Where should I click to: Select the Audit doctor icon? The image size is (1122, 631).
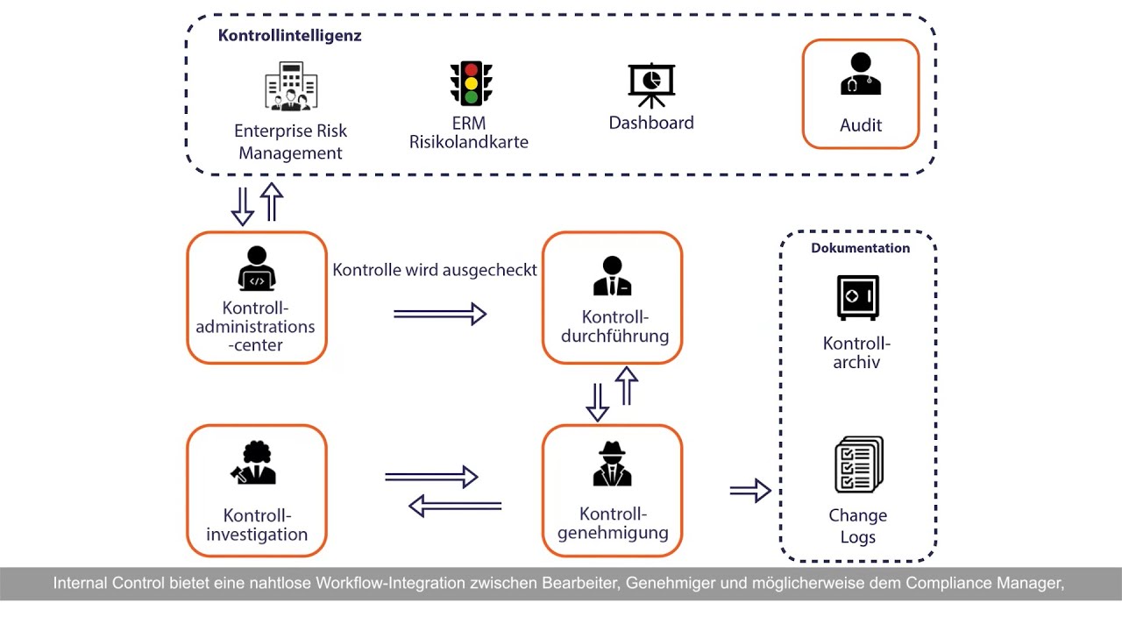coord(860,74)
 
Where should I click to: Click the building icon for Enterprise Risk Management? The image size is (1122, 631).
coord(291,87)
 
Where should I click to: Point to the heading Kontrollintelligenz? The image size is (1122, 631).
coord(289,36)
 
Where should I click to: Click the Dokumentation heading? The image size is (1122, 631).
coord(860,248)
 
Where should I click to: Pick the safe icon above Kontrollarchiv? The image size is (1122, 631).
coord(857,298)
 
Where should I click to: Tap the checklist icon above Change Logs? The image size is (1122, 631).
coord(858,464)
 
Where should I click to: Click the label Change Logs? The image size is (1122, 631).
coord(857,526)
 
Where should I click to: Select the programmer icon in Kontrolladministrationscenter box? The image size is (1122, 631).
coord(256,268)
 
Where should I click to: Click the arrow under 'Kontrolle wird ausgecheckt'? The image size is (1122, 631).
coord(439,314)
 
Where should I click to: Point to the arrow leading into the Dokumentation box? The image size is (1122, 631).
coord(749,492)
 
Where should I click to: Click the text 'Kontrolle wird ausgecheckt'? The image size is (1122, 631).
coord(434,270)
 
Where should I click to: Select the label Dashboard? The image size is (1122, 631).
coord(651,123)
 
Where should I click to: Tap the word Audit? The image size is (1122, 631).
coord(860,125)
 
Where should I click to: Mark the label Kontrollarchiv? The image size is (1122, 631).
coord(857,352)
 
